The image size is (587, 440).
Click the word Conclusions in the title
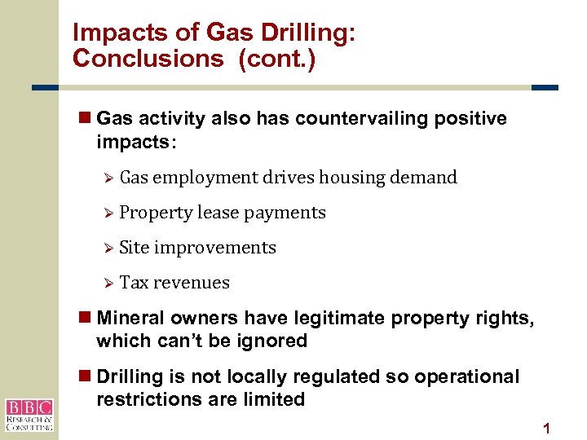148,59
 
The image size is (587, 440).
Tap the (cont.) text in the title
277,59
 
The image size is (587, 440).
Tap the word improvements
215,248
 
